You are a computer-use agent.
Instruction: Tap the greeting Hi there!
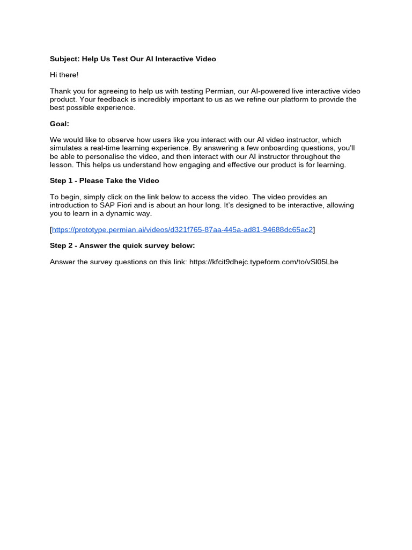(64, 75)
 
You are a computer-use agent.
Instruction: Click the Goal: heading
(60, 124)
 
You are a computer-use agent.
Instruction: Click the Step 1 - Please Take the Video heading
(105, 180)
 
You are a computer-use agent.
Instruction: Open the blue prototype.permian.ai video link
(182, 230)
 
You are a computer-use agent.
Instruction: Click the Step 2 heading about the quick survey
(122, 246)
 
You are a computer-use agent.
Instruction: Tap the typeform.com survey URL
(263, 262)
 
